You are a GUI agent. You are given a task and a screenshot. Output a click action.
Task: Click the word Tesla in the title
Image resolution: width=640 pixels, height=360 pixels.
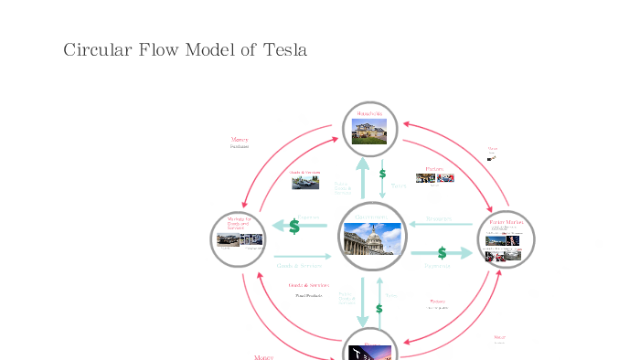click(284, 49)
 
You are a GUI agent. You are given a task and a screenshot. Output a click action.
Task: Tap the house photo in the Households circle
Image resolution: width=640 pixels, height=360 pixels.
click(368, 132)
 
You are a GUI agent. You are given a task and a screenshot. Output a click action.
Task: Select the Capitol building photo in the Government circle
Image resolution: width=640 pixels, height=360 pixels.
click(371, 239)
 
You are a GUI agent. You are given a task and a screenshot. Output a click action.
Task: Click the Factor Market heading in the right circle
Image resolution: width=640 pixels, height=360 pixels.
click(507, 221)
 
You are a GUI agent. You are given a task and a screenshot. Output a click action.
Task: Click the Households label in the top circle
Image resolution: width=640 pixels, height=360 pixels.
click(369, 113)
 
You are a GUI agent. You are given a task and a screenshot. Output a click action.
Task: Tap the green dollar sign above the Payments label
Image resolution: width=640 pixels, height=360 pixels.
click(442, 252)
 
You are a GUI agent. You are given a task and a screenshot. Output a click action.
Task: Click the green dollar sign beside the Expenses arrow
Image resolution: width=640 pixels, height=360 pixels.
click(294, 226)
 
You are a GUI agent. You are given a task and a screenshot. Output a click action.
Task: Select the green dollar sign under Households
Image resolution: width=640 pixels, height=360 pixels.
click(382, 173)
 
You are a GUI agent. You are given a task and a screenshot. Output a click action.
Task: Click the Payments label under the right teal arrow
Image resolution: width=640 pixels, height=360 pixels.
click(438, 266)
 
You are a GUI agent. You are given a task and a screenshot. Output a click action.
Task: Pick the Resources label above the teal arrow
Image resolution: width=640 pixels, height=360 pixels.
click(439, 218)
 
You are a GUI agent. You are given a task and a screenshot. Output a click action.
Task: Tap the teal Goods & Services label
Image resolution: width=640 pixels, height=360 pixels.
click(298, 266)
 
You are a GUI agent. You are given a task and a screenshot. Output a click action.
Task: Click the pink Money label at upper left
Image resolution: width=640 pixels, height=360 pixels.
click(240, 139)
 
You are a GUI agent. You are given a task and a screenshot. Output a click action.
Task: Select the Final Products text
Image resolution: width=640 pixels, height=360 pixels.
click(308, 296)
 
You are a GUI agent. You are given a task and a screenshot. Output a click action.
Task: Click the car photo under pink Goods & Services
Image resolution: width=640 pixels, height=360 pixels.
click(305, 183)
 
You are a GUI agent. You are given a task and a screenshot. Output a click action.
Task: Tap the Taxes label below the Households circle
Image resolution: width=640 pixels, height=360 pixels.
click(399, 185)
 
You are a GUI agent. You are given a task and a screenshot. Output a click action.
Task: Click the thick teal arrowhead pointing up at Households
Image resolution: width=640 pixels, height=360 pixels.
click(362, 165)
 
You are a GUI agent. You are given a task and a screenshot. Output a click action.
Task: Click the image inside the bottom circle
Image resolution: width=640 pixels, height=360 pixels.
click(370, 353)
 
